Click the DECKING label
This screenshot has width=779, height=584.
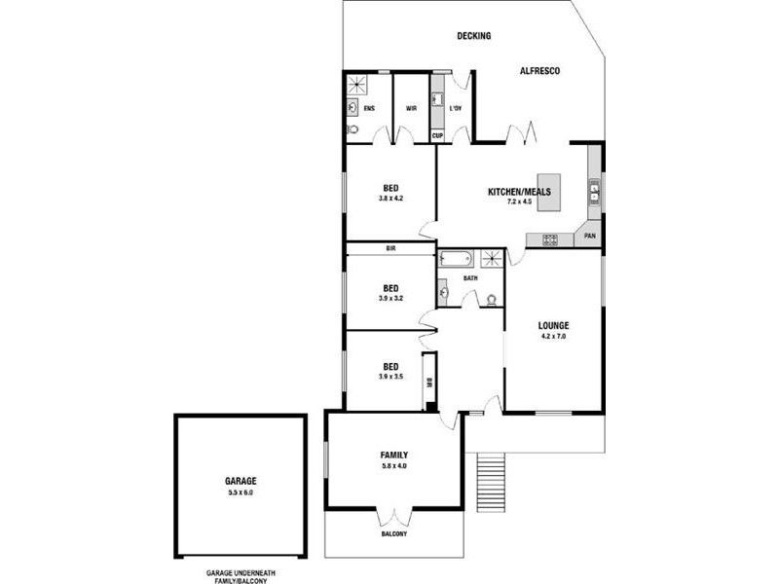point(474,36)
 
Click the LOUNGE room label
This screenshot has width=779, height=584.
point(553,325)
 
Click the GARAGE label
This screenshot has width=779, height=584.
point(241,481)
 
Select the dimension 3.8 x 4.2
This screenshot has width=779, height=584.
point(390,199)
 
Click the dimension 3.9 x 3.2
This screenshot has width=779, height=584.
point(390,298)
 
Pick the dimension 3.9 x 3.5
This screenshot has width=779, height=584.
point(390,377)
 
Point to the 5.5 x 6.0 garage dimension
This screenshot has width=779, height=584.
point(241,493)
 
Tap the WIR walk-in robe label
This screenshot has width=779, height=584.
point(412,108)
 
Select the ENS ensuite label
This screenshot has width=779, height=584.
point(369,108)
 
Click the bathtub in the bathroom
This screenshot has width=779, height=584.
point(456,259)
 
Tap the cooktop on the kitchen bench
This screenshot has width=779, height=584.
point(549,239)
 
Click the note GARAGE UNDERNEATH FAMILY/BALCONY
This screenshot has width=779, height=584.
point(237,576)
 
